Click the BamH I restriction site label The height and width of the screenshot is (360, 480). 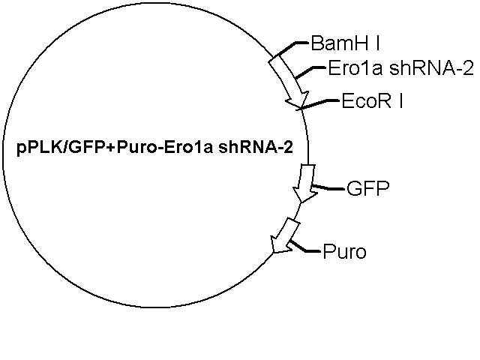click(345, 43)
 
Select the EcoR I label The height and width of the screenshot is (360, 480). click(372, 100)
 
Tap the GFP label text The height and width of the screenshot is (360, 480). click(368, 188)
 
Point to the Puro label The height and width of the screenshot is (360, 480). click(345, 252)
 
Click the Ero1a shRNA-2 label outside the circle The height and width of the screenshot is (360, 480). click(401, 68)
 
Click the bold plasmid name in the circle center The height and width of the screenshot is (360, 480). click(155, 148)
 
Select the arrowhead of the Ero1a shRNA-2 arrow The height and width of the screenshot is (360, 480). click(297, 100)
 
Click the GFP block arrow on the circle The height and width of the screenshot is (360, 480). click(305, 183)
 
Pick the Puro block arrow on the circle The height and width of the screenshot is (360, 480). click(284, 235)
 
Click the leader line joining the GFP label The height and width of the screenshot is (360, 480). click(328, 187)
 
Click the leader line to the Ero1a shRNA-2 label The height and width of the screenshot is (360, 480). click(310, 72)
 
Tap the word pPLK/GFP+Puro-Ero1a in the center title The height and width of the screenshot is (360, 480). click(115, 148)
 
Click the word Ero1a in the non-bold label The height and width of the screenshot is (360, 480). click(355, 68)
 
